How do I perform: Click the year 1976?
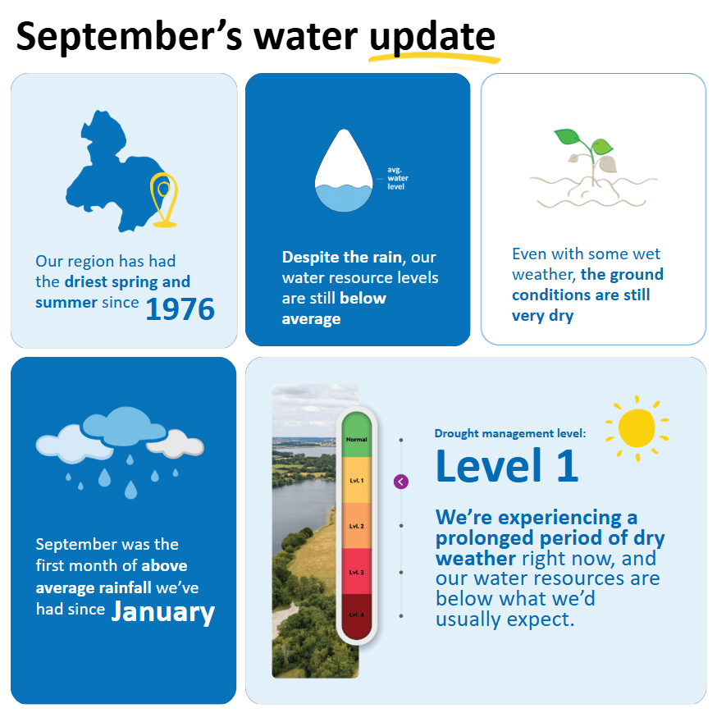tap(180, 309)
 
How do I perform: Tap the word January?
tap(163, 612)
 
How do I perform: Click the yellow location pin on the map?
tap(164, 197)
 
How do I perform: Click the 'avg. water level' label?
tap(398, 178)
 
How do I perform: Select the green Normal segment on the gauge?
tap(357, 434)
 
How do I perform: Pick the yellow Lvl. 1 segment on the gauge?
tap(357, 480)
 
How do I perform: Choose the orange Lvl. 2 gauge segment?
tap(357, 526)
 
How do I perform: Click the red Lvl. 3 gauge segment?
tap(357, 571)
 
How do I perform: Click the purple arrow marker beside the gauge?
tap(401, 482)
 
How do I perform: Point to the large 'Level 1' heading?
tap(507, 465)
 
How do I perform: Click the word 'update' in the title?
tap(432, 37)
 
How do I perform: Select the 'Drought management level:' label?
tap(510, 433)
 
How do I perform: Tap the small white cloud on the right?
tap(180, 446)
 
